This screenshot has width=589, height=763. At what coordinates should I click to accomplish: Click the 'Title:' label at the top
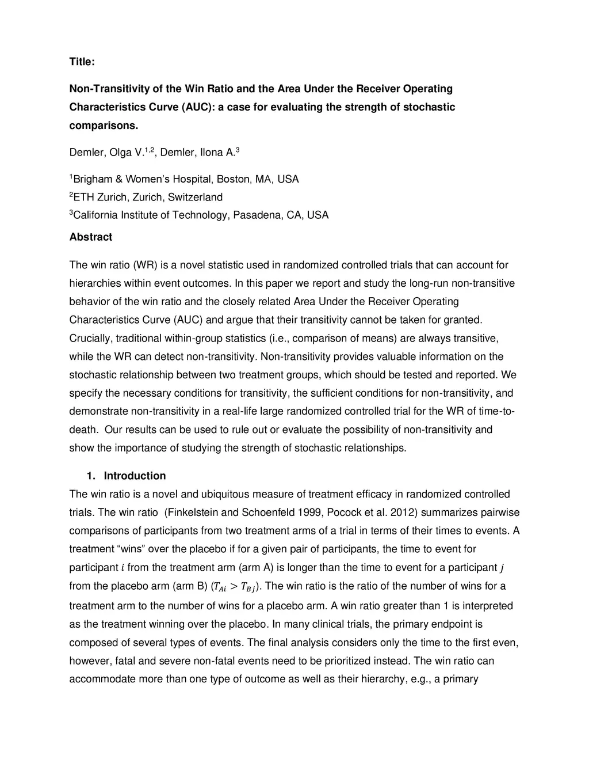[x=82, y=62]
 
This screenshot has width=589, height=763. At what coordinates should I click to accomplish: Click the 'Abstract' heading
[x=91, y=237]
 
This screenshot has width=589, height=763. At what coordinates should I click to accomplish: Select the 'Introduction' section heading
[x=135, y=476]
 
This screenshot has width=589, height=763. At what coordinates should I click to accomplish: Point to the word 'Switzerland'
[x=195, y=197]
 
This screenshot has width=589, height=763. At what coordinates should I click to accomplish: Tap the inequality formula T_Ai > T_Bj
[x=235, y=587]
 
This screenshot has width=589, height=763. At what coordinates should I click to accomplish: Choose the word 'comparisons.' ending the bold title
[x=104, y=126]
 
